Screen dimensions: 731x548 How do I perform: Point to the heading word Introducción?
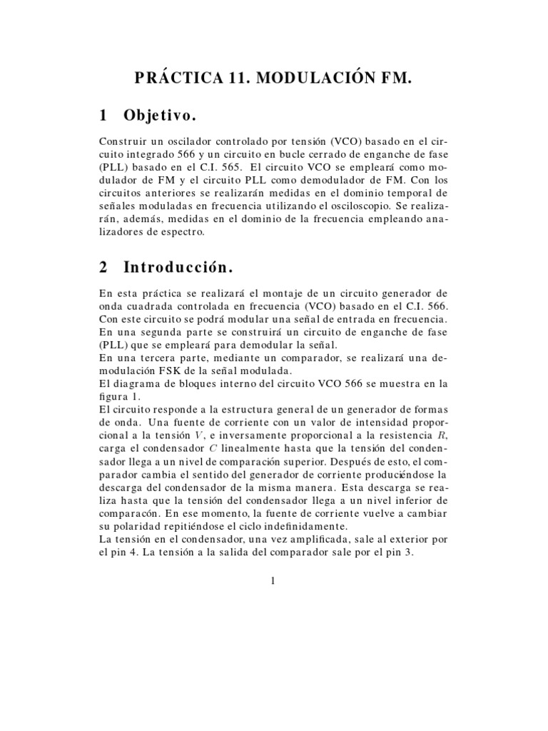click(x=178, y=267)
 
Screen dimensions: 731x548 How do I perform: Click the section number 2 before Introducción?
click(x=103, y=267)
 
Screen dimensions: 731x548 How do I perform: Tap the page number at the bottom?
click(x=273, y=580)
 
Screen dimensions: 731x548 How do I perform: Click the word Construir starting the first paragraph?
click(x=122, y=141)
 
